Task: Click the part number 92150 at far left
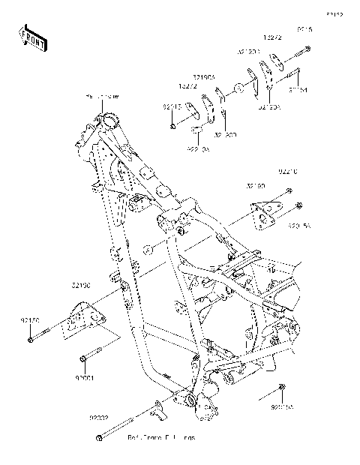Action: (x=29, y=319)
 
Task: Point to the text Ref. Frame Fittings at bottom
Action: (x=160, y=436)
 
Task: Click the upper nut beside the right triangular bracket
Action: (x=290, y=191)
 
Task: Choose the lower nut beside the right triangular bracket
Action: (x=298, y=206)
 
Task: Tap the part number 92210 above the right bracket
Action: (x=289, y=171)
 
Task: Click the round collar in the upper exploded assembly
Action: (x=237, y=89)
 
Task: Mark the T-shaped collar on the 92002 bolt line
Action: (x=158, y=409)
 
